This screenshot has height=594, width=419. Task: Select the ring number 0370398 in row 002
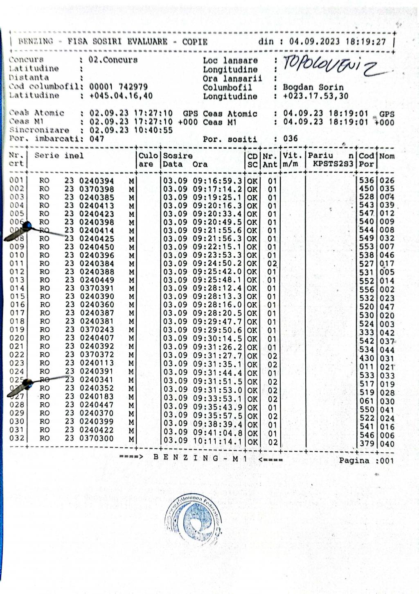click(97, 189)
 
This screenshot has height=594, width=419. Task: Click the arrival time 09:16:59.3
click(217, 181)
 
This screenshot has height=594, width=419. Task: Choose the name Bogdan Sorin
click(313, 87)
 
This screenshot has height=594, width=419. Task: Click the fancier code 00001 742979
click(118, 86)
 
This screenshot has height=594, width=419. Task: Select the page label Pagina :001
click(366, 461)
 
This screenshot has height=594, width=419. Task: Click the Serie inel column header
click(59, 156)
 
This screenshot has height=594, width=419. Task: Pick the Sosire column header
click(178, 156)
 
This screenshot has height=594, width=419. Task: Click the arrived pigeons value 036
click(290, 138)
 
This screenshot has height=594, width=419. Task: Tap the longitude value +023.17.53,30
click(315, 96)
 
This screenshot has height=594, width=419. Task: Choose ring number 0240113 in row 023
click(97, 363)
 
